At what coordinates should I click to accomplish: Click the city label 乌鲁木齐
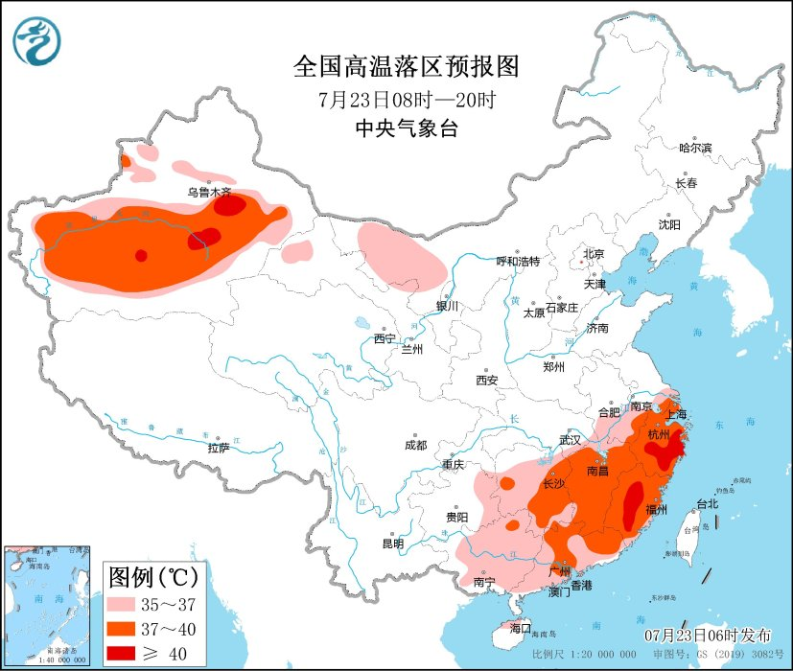(x=209, y=192)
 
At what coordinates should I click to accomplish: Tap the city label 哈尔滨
(x=695, y=148)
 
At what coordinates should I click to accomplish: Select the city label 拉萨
(x=218, y=447)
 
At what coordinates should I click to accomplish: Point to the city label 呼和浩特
(x=518, y=261)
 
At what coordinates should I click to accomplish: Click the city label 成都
(x=415, y=444)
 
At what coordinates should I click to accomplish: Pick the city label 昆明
(x=393, y=544)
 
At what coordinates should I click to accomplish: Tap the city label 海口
(x=521, y=628)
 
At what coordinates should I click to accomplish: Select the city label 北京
(x=594, y=254)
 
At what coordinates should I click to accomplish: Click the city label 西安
(x=487, y=380)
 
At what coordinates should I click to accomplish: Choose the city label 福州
(x=657, y=508)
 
